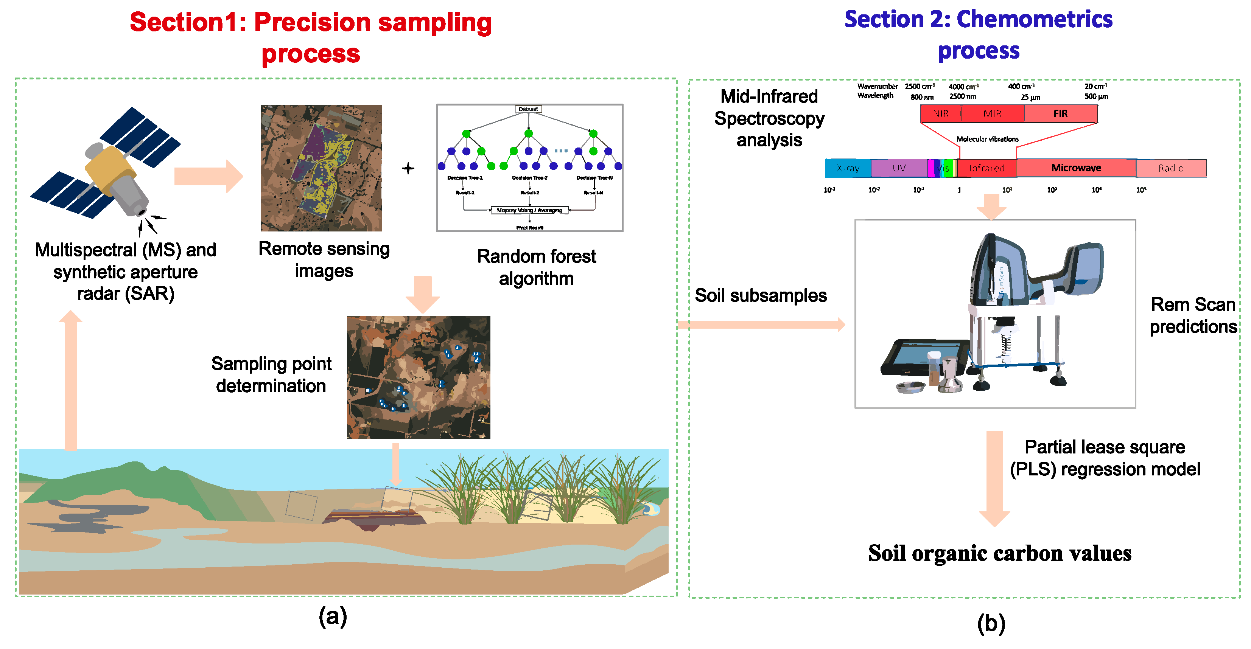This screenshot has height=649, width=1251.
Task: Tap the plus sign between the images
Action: (408, 168)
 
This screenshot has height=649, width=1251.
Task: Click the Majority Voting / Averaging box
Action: (529, 210)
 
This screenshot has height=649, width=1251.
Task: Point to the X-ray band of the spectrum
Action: (848, 168)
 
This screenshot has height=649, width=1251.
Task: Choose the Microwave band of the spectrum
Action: (1076, 168)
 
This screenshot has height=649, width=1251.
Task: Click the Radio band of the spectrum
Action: (1170, 168)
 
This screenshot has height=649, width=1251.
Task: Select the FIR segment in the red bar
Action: (1060, 113)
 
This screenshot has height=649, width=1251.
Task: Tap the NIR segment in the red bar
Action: (941, 113)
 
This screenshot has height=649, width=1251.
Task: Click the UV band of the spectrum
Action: (899, 168)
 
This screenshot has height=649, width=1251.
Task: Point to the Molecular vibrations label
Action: (987, 139)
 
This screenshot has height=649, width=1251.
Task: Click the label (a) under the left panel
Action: (333, 616)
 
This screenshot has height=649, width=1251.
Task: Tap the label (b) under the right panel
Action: (991, 623)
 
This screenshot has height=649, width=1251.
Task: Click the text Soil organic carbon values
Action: (999, 553)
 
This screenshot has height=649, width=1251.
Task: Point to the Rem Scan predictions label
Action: (1193, 315)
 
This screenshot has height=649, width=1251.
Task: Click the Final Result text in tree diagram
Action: (529, 228)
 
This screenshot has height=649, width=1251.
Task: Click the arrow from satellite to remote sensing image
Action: (208, 176)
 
